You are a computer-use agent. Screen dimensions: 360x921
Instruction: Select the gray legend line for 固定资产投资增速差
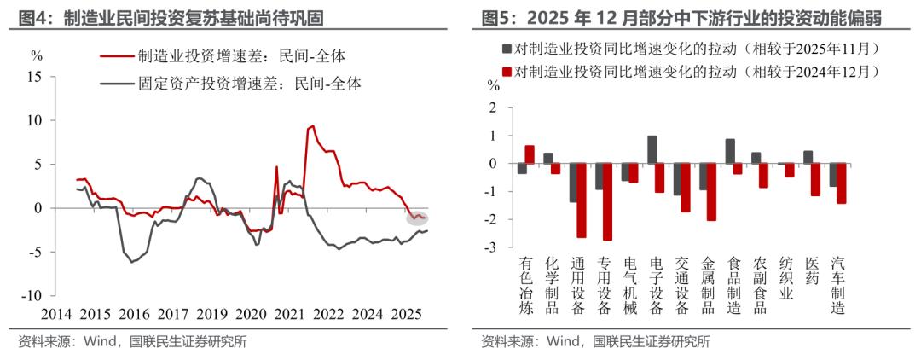(x=116, y=84)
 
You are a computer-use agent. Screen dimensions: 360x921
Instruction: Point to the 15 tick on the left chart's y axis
(x=36, y=76)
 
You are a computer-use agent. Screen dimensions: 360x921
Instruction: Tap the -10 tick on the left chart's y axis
(x=32, y=295)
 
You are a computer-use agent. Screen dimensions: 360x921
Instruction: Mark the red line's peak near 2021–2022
(x=312, y=126)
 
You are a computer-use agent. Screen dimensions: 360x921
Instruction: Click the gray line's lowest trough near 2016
(x=132, y=261)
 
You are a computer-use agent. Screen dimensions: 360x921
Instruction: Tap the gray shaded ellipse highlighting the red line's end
(x=417, y=218)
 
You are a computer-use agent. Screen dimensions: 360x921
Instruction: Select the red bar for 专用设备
(x=607, y=201)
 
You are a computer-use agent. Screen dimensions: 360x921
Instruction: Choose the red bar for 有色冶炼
(x=530, y=154)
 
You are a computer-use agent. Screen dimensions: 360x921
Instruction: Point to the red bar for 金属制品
(x=711, y=192)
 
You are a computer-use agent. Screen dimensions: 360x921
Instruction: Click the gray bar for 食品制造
(x=730, y=151)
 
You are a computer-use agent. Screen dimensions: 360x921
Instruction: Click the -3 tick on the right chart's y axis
(x=490, y=247)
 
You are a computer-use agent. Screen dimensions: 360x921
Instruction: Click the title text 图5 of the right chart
(x=498, y=17)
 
